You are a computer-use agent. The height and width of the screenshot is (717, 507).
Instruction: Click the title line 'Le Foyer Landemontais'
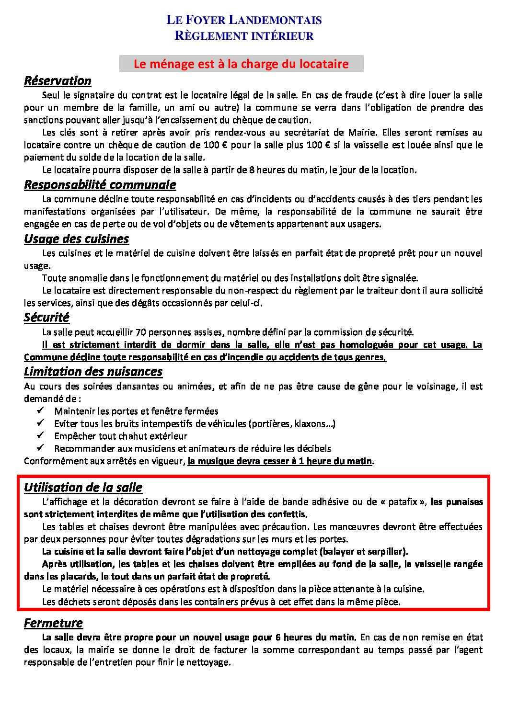coord(244,20)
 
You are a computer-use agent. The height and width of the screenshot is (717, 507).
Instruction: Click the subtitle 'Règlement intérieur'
coord(244,36)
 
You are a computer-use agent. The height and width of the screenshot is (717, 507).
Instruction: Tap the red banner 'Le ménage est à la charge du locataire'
coord(241,64)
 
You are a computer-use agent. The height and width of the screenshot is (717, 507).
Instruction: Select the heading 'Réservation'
coord(58,80)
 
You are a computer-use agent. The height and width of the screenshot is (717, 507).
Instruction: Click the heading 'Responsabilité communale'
coord(100,184)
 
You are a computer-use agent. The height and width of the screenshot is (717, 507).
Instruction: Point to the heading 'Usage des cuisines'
coord(76,239)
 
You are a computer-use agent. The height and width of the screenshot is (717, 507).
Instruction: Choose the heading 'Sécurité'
coord(46,317)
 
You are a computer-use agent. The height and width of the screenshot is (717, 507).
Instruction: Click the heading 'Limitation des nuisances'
coord(93,371)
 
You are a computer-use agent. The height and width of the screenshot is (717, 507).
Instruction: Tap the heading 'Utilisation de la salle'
coord(83,487)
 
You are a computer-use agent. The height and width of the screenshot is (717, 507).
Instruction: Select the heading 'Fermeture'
coord(53,623)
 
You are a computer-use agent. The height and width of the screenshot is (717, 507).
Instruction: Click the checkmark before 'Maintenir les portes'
coord(40,410)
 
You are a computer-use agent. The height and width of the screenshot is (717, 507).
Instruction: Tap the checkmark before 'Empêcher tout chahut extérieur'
coord(40,435)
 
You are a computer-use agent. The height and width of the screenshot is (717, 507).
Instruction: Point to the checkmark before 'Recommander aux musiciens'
coord(40,448)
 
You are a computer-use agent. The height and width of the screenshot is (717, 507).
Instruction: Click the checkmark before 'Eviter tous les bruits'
coord(40,423)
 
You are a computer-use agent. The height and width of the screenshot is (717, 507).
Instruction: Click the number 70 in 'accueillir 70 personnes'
coord(141,332)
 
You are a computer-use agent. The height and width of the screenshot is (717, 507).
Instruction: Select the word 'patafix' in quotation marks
coord(403,502)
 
